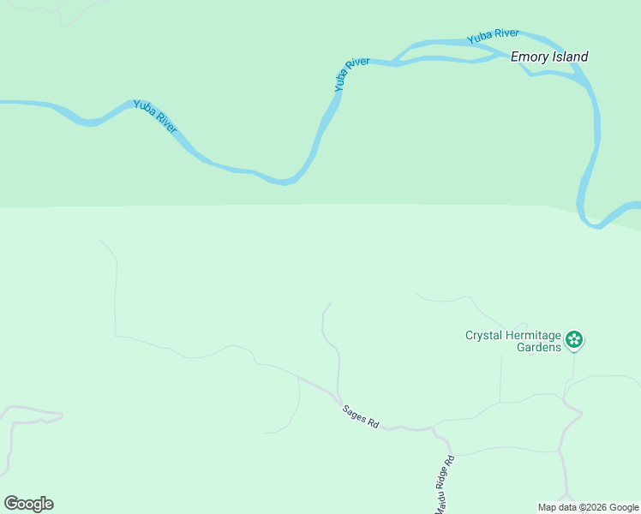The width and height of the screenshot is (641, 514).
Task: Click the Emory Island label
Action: click(549, 57)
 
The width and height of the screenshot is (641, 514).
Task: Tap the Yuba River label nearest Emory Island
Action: click(493, 37)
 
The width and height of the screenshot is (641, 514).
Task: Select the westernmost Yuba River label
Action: click(155, 117)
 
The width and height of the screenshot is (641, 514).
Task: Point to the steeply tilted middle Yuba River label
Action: click(351, 75)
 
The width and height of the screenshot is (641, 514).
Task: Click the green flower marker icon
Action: click(574, 340)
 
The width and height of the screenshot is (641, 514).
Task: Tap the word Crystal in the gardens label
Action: click(485, 335)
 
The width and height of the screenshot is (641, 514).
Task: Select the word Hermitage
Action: click(535, 335)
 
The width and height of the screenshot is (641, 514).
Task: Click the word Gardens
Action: click(538, 347)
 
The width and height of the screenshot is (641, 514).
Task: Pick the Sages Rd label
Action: click(360, 416)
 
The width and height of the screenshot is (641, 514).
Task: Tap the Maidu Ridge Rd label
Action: click(444, 485)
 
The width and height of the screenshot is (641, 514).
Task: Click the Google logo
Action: click(28, 504)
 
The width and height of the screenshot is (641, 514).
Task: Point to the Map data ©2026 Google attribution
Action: click(588, 507)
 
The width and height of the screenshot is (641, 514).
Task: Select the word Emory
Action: click(528, 57)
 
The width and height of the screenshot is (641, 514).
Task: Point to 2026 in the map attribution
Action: click(596, 507)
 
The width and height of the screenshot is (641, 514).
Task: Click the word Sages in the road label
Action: click(354, 413)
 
